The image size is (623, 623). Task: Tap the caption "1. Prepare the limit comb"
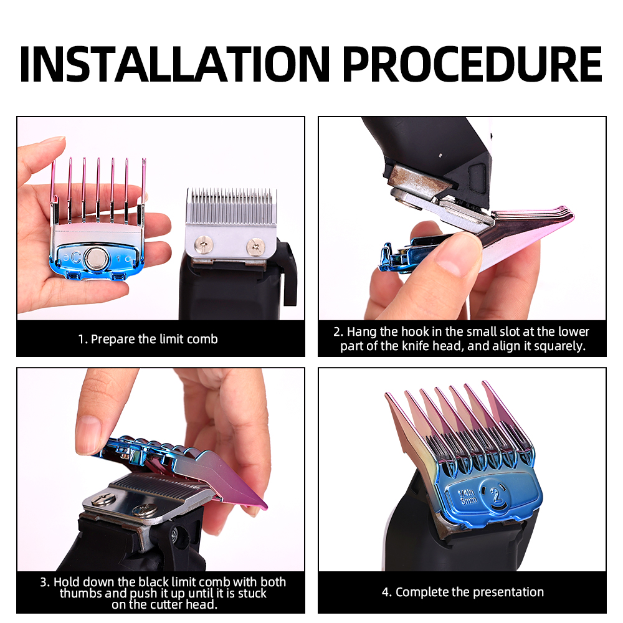point(148,339)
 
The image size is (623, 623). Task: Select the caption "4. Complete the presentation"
point(463,592)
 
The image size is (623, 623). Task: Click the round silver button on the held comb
point(96,257)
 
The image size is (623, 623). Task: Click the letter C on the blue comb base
point(75,257)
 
